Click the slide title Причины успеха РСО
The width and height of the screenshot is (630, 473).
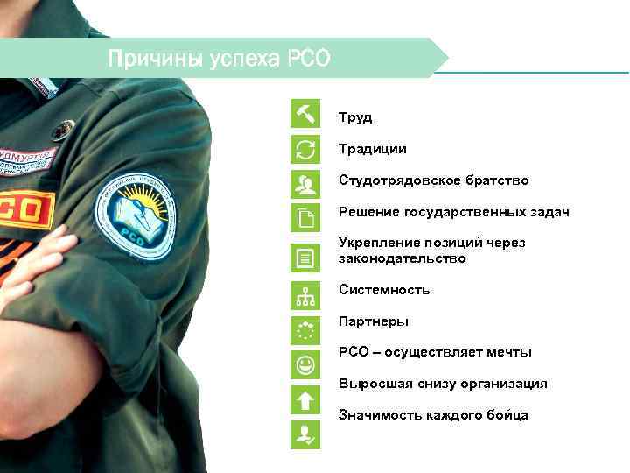[x=219, y=60]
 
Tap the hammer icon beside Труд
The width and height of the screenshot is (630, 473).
[x=305, y=115]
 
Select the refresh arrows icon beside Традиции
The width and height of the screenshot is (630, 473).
[x=305, y=149]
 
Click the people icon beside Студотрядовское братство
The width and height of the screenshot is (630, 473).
[x=305, y=183]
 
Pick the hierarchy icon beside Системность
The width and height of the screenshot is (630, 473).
[x=305, y=297]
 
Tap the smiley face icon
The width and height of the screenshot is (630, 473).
[x=305, y=364]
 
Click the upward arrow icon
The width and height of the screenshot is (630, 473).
[x=305, y=399]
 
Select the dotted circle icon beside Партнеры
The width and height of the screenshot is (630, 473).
[x=305, y=330]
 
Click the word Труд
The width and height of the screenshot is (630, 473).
[x=355, y=117]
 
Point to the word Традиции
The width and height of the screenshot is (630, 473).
[x=373, y=149]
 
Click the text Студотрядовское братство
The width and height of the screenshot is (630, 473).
[x=434, y=180]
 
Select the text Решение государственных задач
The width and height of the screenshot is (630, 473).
[x=454, y=212]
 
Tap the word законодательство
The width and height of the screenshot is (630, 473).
[x=402, y=258]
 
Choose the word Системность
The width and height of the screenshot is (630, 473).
[x=384, y=289]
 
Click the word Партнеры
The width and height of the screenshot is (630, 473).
[x=374, y=321]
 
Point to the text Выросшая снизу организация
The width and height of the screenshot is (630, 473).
[x=443, y=384]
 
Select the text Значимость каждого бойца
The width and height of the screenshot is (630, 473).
[x=433, y=414]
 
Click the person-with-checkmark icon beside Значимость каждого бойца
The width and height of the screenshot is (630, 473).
[x=305, y=434]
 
